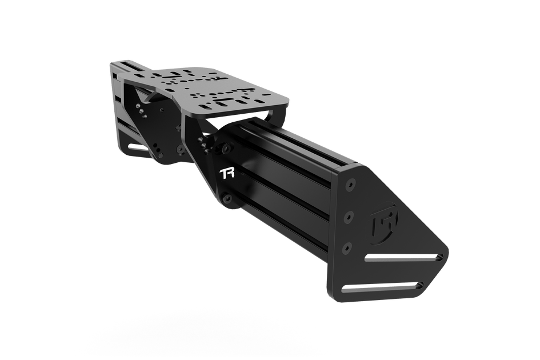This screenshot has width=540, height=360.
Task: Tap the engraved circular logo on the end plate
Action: click(381, 221)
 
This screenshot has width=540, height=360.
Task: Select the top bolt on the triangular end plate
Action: click(350, 185)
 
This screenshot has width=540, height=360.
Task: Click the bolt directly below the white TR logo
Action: click(227, 198)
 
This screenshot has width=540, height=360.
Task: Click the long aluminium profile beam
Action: click(286, 166)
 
